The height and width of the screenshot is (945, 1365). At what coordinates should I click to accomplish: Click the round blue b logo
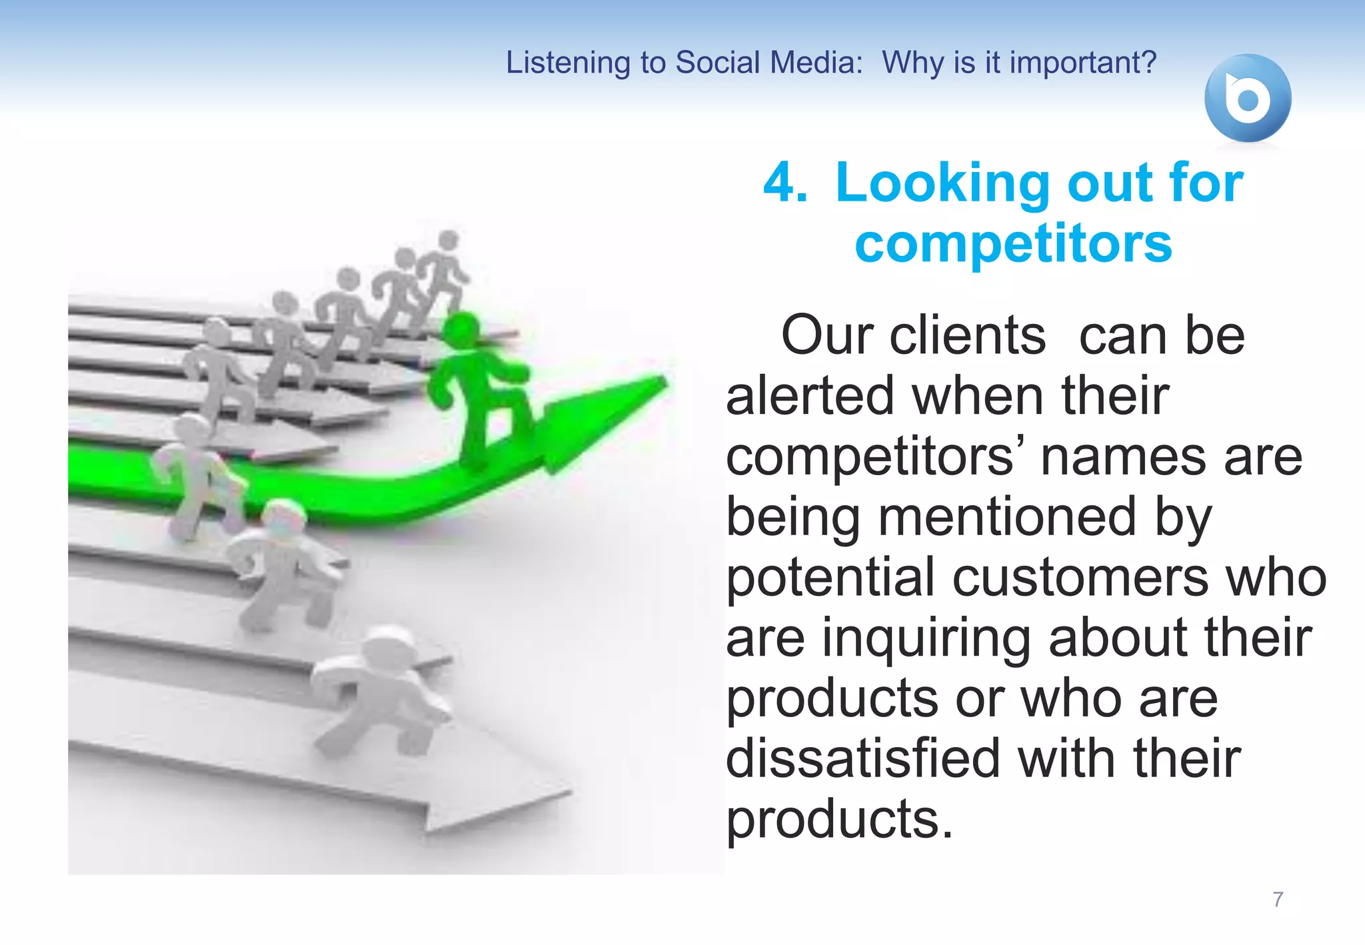point(1247,98)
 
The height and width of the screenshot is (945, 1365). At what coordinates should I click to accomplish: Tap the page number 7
point(1277,899)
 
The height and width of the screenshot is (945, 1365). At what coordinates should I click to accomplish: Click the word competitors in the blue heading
point(1013,244)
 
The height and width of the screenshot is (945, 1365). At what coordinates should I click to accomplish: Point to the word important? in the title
point(1083,63)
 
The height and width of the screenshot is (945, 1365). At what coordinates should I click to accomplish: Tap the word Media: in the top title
point(816,63)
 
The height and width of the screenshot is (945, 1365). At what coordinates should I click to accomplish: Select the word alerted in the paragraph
point(809,396)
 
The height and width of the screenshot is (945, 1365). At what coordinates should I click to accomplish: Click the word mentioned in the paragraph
point(1007,516)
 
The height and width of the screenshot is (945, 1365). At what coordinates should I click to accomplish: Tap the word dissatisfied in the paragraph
point(862,758)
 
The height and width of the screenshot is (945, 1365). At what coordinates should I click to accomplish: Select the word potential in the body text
point(830,577)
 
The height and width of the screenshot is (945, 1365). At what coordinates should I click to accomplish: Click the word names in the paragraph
point(1124,457)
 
